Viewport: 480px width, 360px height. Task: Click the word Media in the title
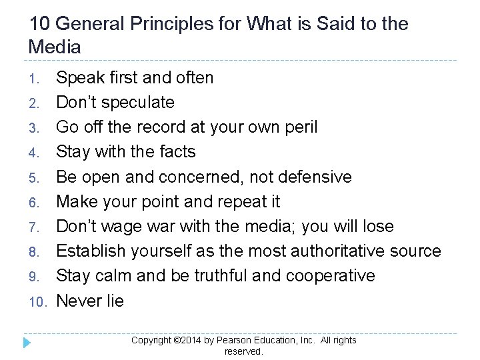pyautogui.click(x=55, y=47)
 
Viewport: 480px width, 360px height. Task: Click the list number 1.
pyautogui.click(x=39, y=79)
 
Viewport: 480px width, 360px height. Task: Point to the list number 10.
pyautogui.click(x=36, y=302)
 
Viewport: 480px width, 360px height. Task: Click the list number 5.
pyautogui.click(x=39, y=178)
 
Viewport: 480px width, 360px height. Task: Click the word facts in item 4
pyautogui.click(x=176, y=152)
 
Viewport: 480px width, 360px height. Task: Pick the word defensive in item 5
pyautogui.click(x=311, y=177)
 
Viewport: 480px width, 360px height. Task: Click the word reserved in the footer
pyautogui.click(x=243, y=351)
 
